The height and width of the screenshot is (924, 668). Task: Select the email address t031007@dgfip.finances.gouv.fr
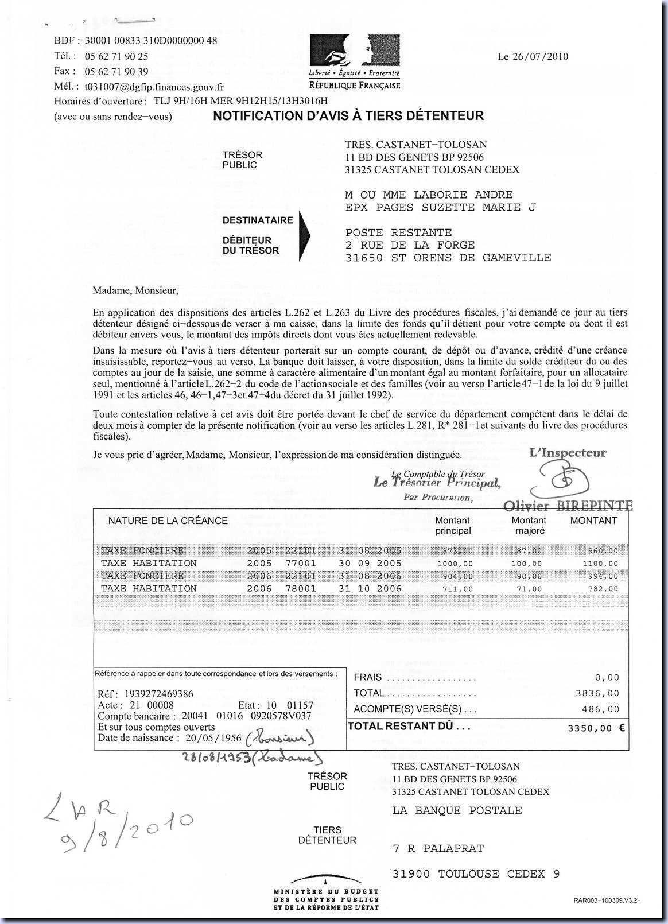(x=154, y=87)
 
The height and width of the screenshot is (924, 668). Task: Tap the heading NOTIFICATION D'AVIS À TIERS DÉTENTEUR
(x=348, y=116)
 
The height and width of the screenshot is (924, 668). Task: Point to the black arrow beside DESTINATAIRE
(x=304, y=234)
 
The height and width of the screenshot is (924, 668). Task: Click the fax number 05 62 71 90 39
(x=116, y=72)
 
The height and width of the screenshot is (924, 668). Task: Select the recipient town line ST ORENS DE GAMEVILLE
(x=448, y=258)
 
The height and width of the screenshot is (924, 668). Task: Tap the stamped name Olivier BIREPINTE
(x=568, y=506)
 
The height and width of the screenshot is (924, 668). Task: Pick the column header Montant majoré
(x=529, y=525)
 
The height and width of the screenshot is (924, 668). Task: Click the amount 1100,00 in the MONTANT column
(x=600, y=564)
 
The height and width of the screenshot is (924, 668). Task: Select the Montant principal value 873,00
(x=457, y=551)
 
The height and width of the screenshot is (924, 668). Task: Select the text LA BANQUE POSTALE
(x=457, y=810)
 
